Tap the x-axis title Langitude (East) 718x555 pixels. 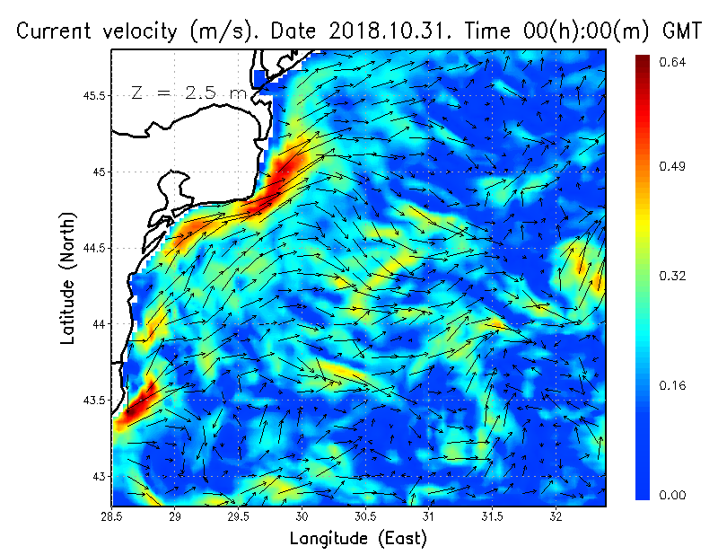[x=357, y=539]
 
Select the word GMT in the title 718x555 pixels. [x=682, y=31]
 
